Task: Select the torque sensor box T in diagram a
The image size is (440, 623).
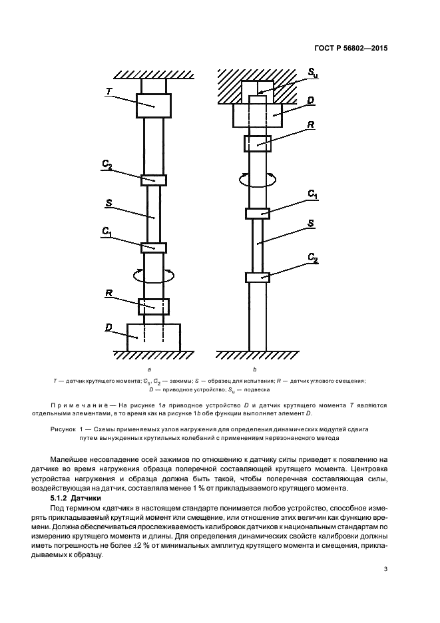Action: click(153, 105)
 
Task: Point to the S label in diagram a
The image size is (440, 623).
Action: click(108, 202)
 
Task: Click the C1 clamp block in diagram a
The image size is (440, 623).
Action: click(153, 248)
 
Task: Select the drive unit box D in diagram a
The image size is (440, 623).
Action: click(153, 336)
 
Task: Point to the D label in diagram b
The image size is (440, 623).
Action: click(311, 100)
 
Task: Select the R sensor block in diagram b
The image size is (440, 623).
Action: click(257, 142)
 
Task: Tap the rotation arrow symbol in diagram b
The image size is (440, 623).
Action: click(257, 178)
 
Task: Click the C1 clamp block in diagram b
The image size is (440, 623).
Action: click(257, 213)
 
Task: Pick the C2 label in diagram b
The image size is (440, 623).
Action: click(312, 256)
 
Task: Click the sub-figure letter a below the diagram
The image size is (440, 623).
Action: click(149, 368)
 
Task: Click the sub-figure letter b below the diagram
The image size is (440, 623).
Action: click(255, 368)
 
